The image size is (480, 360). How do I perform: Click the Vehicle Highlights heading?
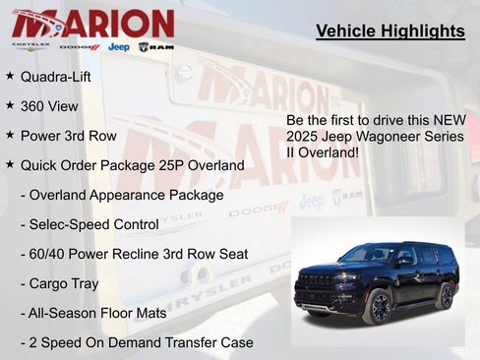(390, 31)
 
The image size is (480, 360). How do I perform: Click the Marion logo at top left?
(93, 23)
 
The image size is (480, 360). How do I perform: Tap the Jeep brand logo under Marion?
(119, 46)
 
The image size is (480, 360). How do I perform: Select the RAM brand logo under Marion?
(156, 46)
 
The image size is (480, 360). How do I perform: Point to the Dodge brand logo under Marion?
(80, 46)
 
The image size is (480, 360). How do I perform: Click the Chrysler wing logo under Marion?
(30, 46)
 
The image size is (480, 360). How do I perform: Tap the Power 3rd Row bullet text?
(68, 135)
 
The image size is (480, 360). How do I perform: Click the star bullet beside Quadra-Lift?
(10, 75)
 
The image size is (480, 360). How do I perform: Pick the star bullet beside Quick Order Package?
(10, 164)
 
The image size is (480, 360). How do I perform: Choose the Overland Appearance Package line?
(122, 195)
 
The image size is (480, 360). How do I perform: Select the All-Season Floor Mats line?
(100, 313)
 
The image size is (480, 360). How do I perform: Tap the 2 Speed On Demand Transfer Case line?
(137, 342)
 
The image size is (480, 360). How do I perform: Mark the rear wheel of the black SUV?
(446, 295)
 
